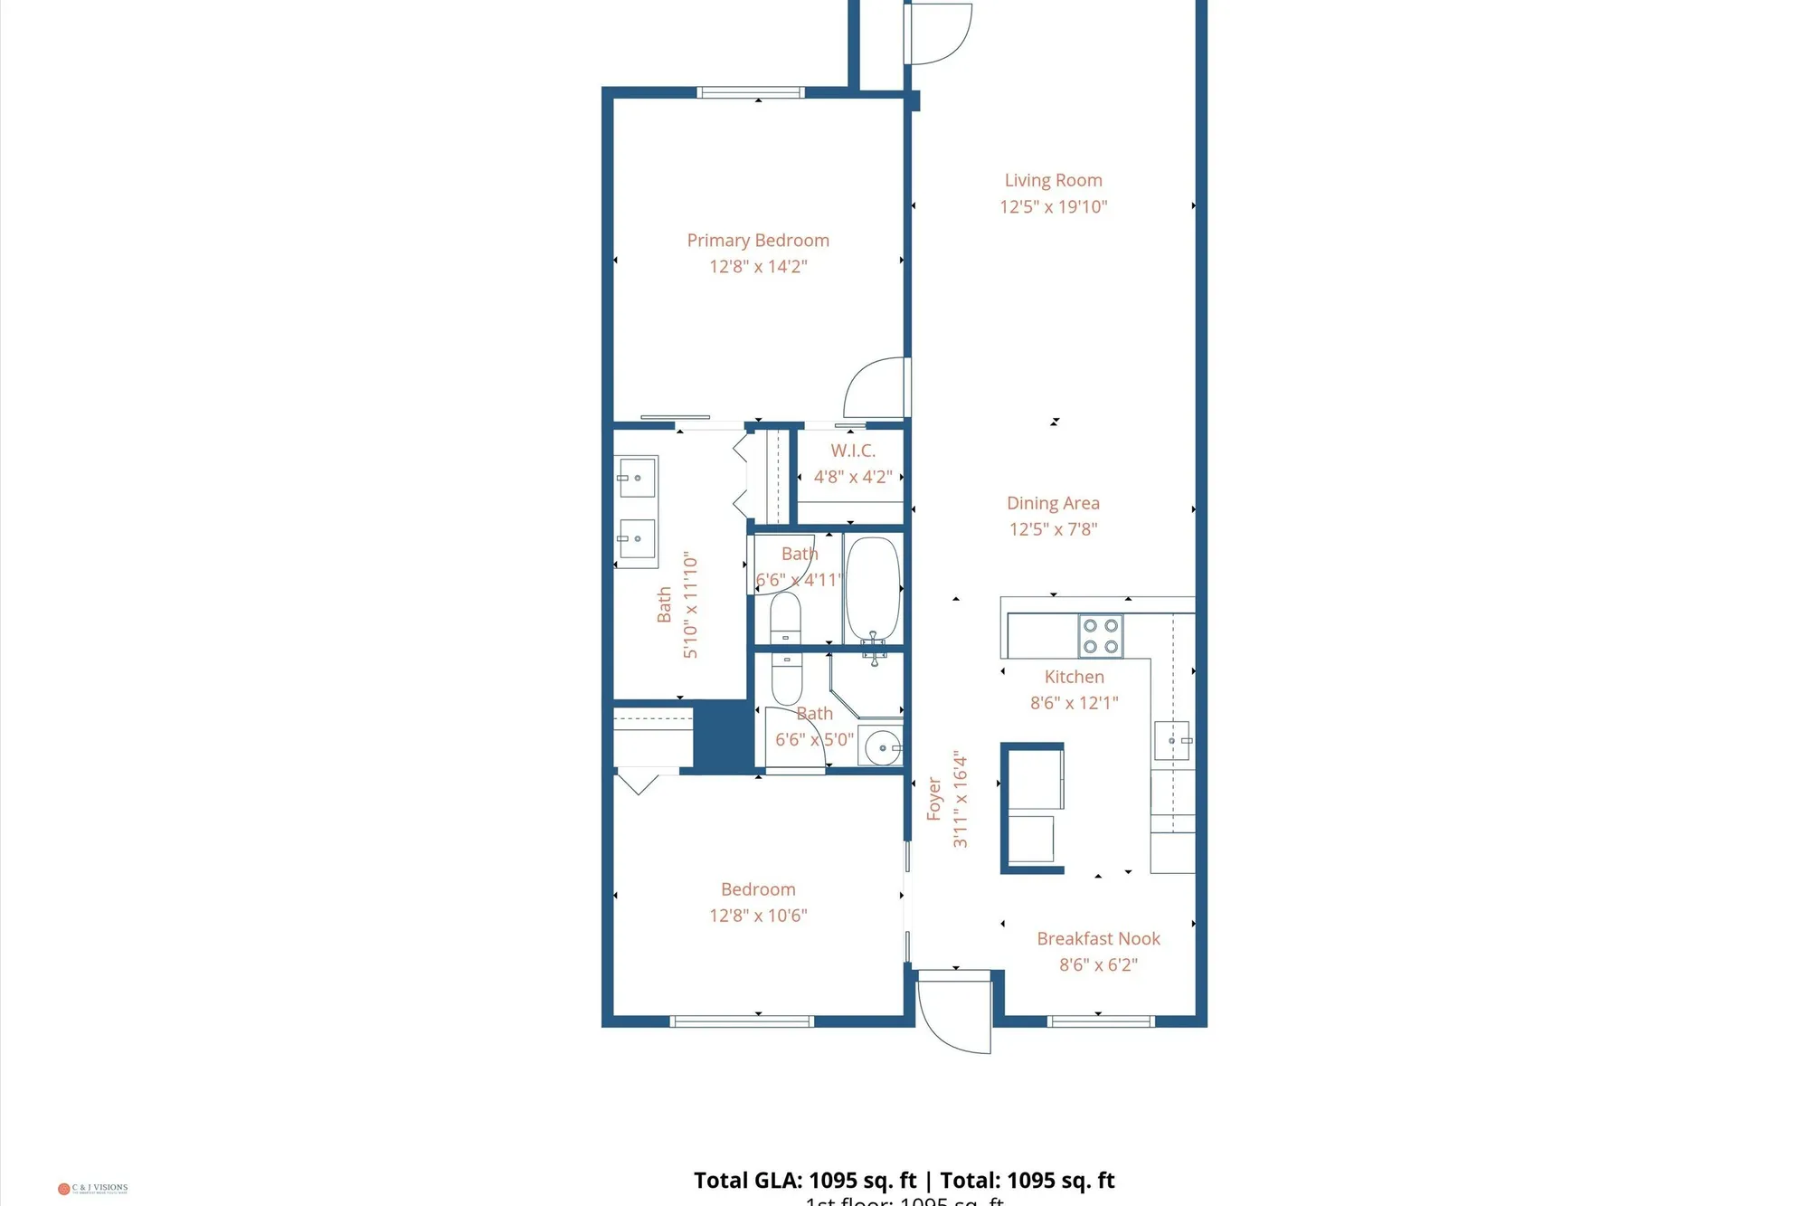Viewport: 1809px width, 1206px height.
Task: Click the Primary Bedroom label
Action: pyautogui.click(x=757, y=241)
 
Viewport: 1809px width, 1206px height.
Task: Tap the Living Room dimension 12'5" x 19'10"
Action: pyautogui.click(x=1053, y=207)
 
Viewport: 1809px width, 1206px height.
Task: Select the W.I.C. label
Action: pyautogui.click(x=853, y=451)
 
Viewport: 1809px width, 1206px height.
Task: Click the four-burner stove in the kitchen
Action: pyautogui.click(x=1100, y=636)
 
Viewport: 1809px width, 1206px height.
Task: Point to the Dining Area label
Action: pyautogui.click(x=1053, y=503)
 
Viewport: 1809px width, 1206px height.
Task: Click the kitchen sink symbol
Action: pyautogui.click(x=1172, y=740)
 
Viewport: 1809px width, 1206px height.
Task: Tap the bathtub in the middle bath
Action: pyautogui.click(x=873, y=589)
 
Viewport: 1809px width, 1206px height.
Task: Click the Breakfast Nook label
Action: pyautogui.click(x=1098, y=939)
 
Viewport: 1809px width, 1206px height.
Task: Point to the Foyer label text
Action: pyautogui.click(x=934, y=799)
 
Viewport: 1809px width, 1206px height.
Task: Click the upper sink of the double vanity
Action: pyautogui.click(x=637, y=478)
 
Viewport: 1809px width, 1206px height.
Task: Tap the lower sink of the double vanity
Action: pyautogui.click(x=637, y=539)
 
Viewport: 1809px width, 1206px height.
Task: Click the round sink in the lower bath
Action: pyautogui.click(x=882, y=748)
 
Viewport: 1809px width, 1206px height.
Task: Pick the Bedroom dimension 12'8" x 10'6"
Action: pyautogui.click(x=758, y=916)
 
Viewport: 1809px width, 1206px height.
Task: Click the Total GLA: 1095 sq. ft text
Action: pyautogui.click(x=805, y=1181)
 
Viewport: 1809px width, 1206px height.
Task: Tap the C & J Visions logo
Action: pyautogui.click(x=93, y=1188)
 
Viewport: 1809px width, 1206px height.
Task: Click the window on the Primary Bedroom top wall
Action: pyautogui.click(x=751, y=92)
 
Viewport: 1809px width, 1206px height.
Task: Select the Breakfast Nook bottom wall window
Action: pyautogui.click(x=1100, y=1021)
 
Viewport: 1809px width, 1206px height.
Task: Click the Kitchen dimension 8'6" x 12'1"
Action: pyautogui.click(x=1074, y=703)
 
